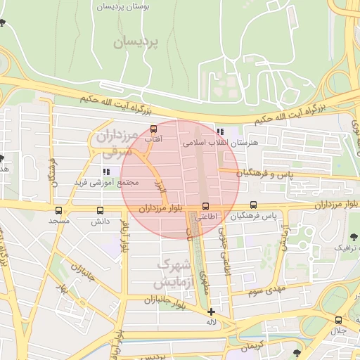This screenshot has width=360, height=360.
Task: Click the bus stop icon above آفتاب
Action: tap(153, 129)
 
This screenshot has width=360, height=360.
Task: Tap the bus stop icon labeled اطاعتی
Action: tap(205, 206)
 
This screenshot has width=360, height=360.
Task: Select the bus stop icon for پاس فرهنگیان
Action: tap(253, 205)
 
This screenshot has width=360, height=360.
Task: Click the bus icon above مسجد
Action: tap(58, 210)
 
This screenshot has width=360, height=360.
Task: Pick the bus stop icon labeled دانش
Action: tap(99, 210)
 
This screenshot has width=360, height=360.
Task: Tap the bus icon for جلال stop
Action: tap(338, 320)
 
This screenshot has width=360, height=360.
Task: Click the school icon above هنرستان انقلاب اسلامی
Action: tap(220, 131)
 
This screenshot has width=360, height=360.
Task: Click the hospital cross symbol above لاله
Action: tap(211, 311)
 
